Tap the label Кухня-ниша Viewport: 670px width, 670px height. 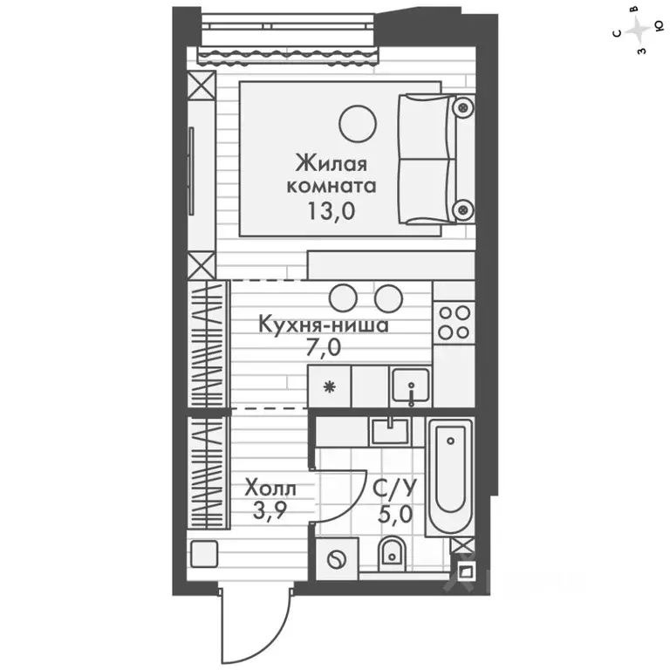tap(324, 325)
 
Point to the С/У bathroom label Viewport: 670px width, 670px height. tap(387, 488)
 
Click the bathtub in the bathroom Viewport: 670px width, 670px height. tap(449, 475)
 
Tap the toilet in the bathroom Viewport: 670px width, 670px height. tap(392, 552)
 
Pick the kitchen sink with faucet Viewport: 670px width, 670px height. tap(409, 384)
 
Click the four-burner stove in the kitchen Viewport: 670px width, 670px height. tap(454, 322)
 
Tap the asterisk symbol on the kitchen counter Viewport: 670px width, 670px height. tap(329, 387)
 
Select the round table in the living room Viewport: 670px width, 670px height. tap(358, 123)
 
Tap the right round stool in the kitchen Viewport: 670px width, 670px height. tap(386, 297)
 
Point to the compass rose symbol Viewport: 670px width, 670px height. tap(641, 31)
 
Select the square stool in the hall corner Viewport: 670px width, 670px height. tap(205, 554)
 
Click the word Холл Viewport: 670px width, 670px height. tap(270, 488)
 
